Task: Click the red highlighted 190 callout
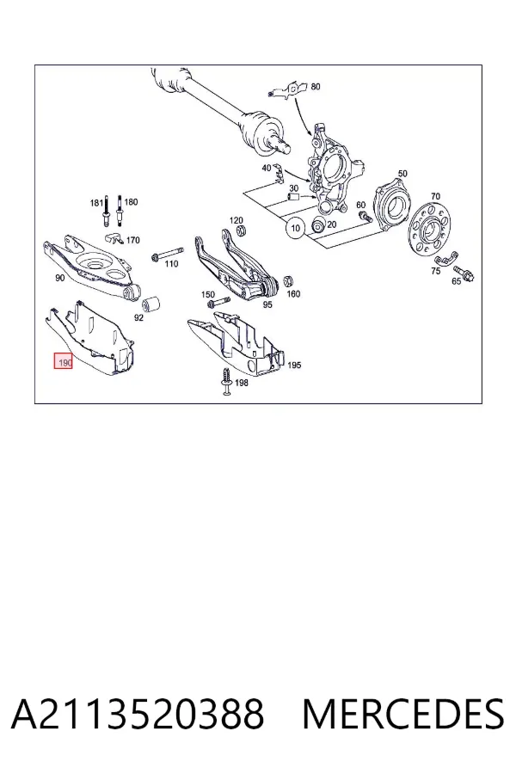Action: [64, 362]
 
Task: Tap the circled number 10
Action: [295, 228]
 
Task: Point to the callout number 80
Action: [316, 86]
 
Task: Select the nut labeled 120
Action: [242, 230]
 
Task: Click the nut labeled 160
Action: [289, 281]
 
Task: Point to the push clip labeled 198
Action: [227, 381]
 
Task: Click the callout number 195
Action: [294, 365]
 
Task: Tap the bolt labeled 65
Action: [464, 272]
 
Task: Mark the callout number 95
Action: [267, 304]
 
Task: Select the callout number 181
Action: [96, 202]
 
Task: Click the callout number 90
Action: [59, 278]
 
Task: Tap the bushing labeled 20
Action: [318, 225]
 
